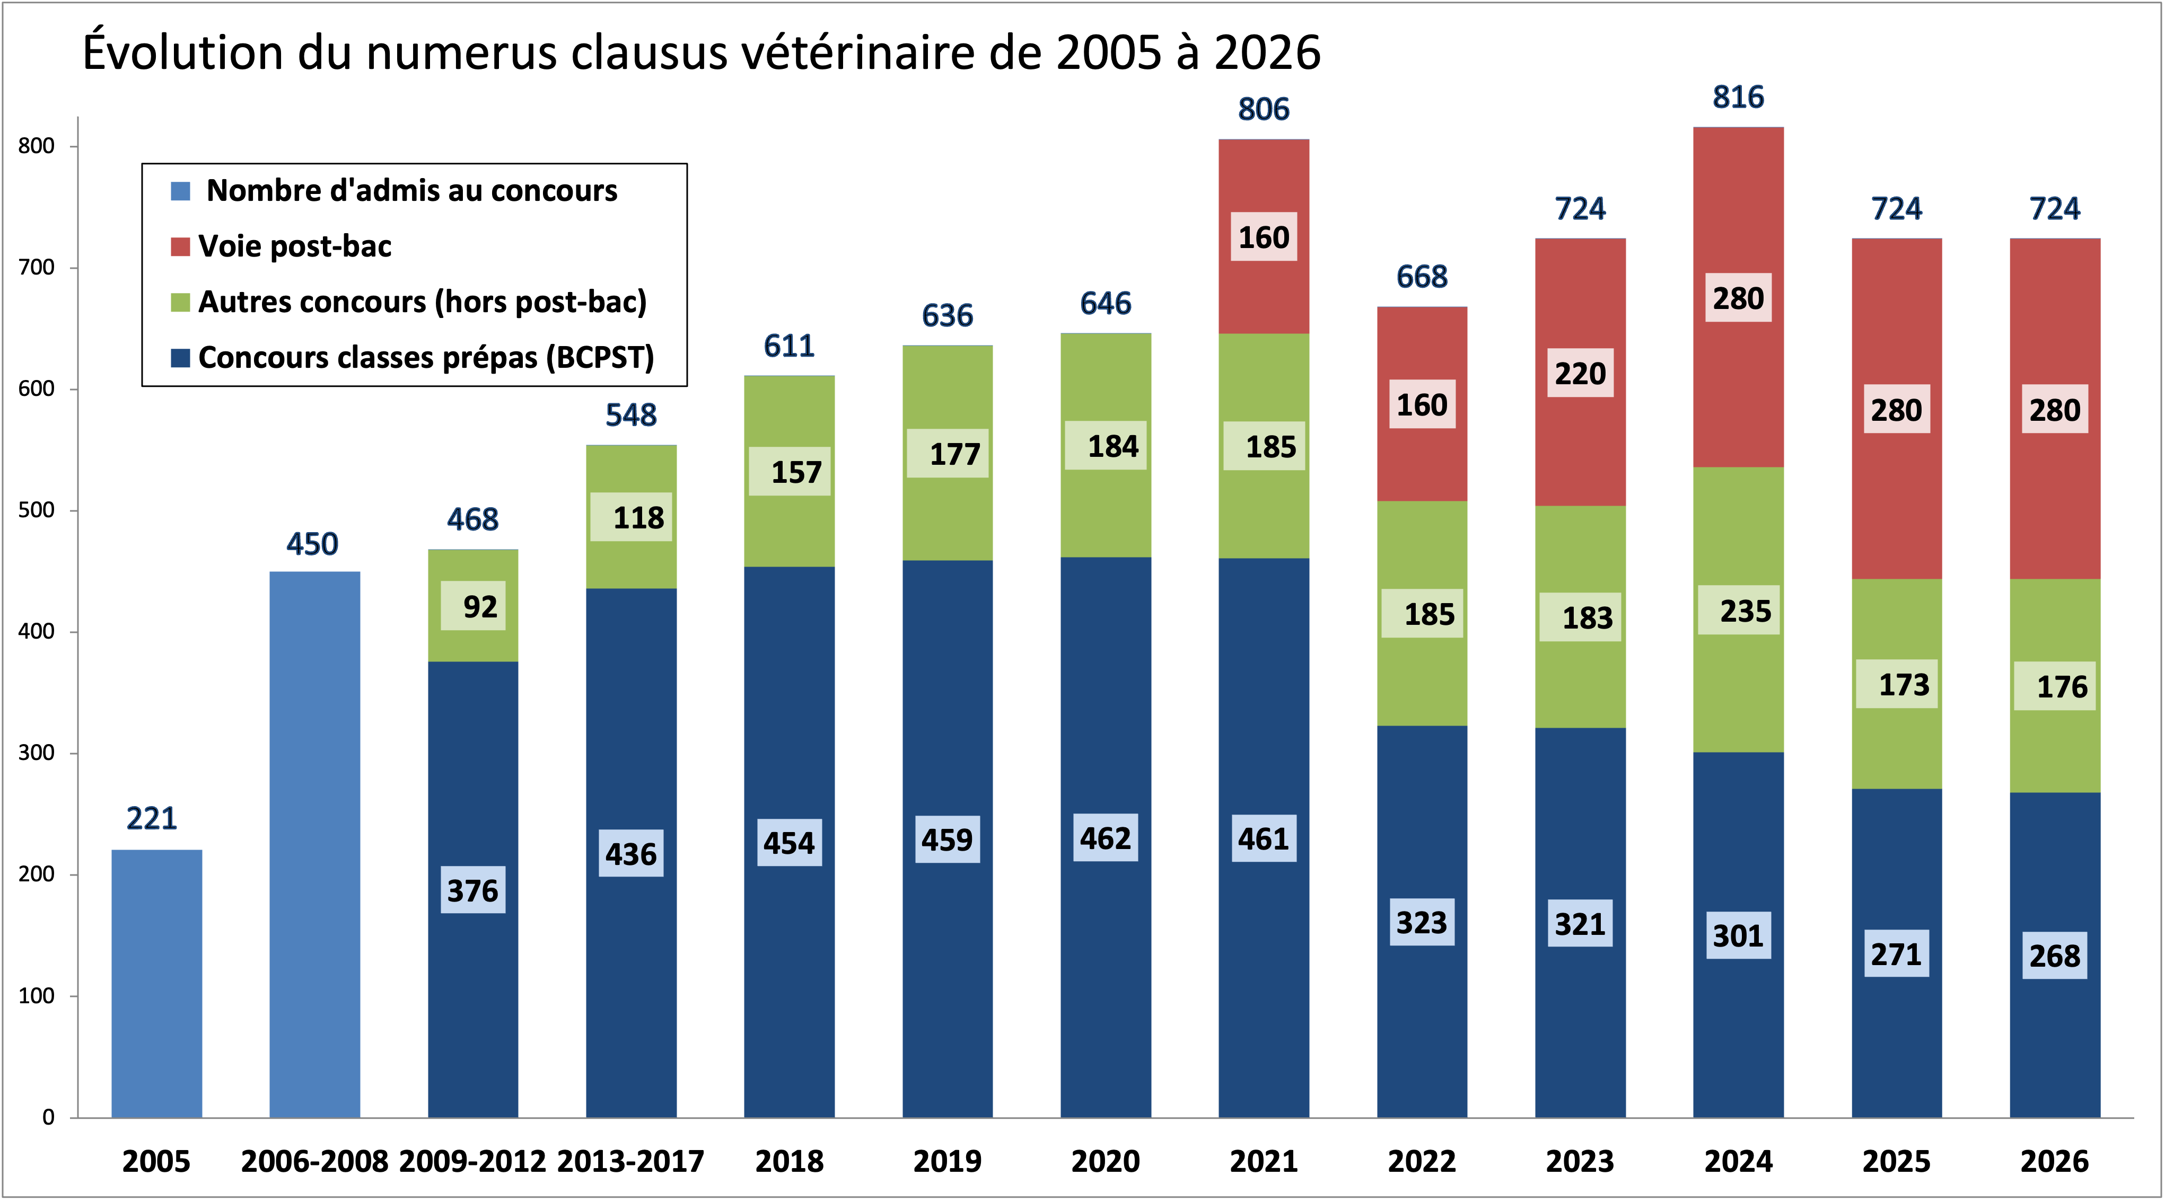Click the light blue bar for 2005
[156, 983]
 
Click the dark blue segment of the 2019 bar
[947, 966]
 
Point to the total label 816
[1738, 98]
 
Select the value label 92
[480, 606]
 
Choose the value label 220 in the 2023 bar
[1580, 373]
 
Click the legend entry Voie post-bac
[294, 246]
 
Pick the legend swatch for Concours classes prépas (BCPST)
[180, 358]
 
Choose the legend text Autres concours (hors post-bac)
[422, 302]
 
